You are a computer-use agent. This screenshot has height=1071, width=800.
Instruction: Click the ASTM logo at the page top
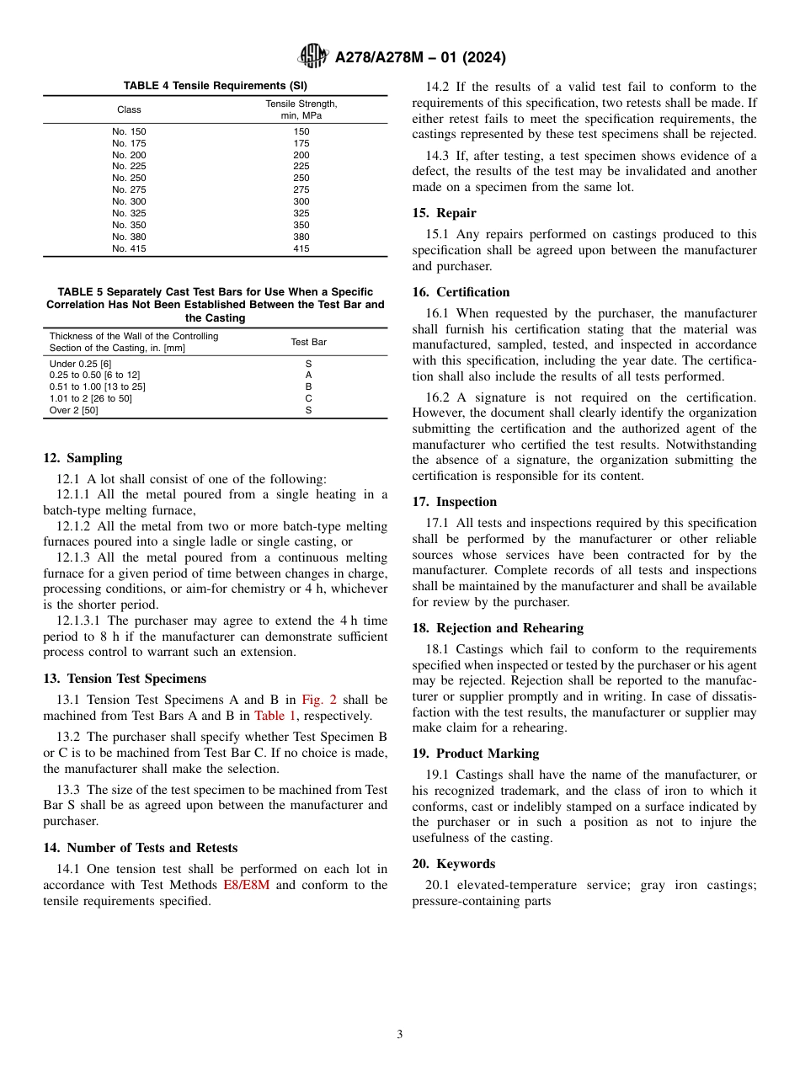click(x=313, y=56)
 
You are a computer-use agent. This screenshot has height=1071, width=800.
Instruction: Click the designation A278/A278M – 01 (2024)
click(x=420, y=57)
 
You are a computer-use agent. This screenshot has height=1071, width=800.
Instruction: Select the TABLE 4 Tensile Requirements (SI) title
click(x=215, y=86)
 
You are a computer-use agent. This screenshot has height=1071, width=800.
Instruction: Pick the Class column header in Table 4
click(x=129, y=109)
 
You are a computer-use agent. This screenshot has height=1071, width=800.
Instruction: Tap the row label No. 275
click(x=129, y=190)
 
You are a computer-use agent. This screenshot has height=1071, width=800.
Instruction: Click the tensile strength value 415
click(x=301, y=248)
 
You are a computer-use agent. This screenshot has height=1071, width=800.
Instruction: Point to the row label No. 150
click(x=129, y=131)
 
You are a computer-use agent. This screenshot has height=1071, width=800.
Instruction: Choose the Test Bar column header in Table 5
click(x=308, y=342)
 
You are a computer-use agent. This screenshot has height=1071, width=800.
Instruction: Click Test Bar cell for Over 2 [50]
click(x=308, y=410)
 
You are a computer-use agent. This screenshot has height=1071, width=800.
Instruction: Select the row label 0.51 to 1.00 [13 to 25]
click(x=97, y=386)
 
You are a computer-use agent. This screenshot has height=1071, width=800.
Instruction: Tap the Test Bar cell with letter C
click(x=308, y=398)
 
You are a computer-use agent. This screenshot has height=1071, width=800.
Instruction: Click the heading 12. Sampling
click(x=83, y=458)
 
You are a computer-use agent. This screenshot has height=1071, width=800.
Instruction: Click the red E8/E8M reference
click(x=246, y=885)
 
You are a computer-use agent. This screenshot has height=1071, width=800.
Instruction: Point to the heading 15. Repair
click(x=444, y=213)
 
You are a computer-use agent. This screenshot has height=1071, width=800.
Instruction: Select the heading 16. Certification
click(x=461, y=292)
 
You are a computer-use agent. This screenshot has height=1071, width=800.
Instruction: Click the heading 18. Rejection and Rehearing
click(x=498, y=628)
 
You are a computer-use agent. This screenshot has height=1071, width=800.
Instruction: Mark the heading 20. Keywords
click(x=454, y=864)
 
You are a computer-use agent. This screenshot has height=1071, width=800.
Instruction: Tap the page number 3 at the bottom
click(x=400, y=1035)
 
